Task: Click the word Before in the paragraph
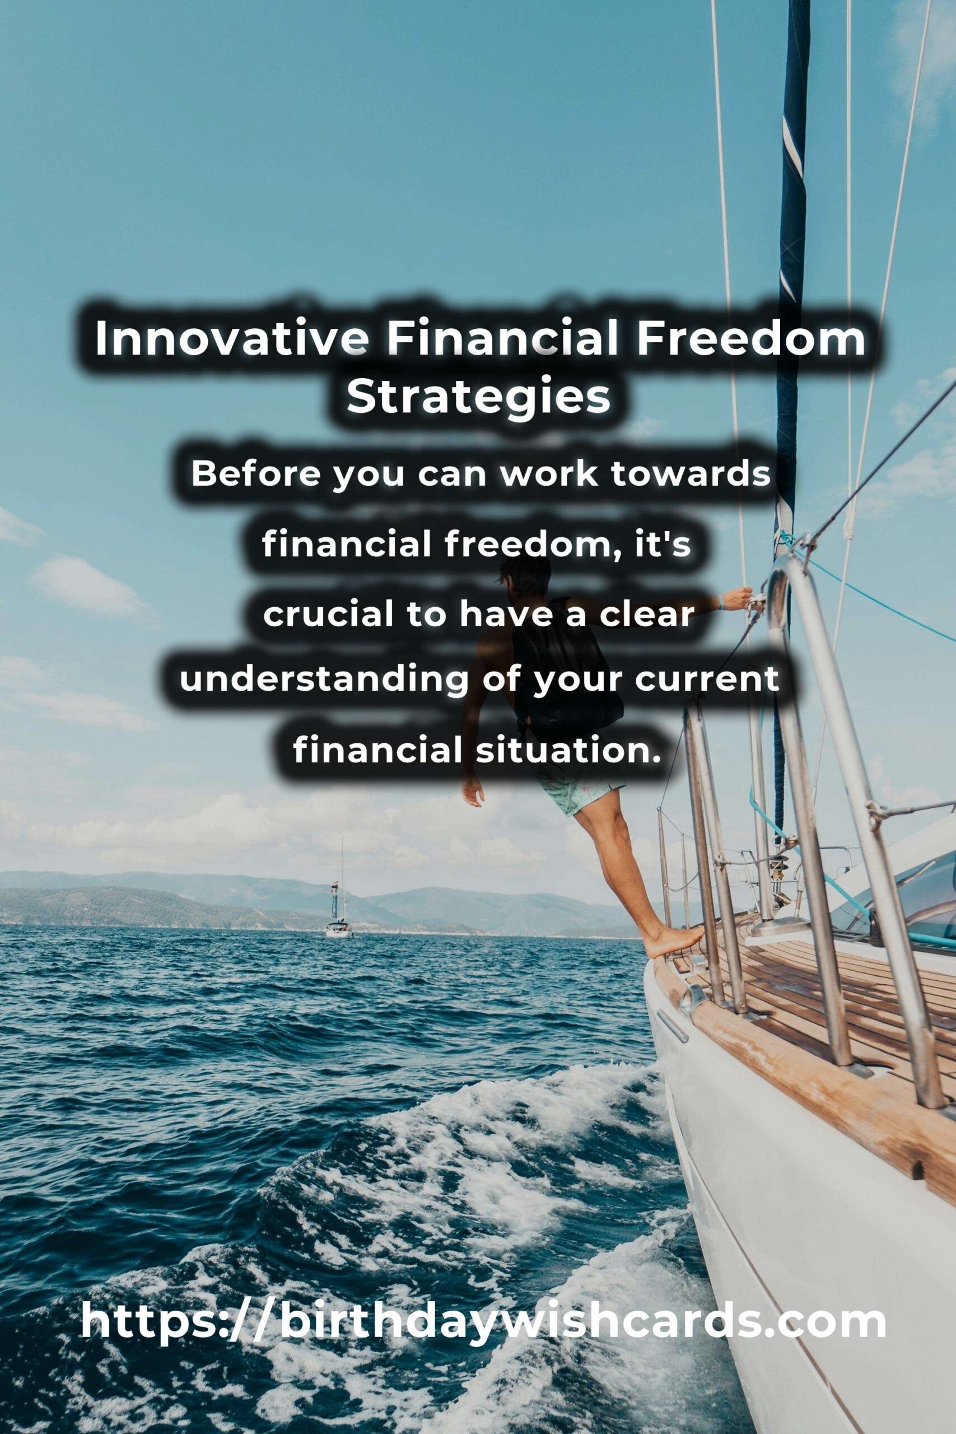tap(255, 474)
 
